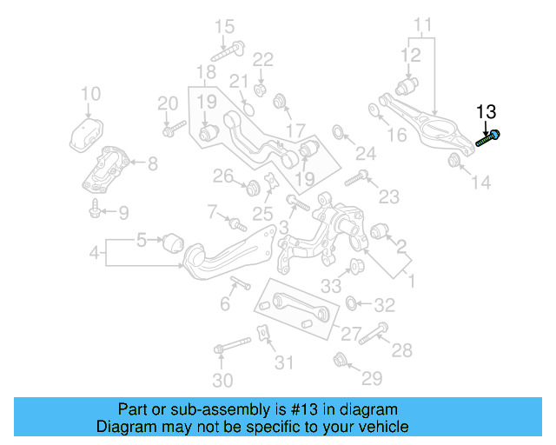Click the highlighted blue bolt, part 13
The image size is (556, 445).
coord(488,138)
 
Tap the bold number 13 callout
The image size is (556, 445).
coord(486,111)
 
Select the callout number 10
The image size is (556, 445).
coord(90,94)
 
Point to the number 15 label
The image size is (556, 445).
coord(224,25)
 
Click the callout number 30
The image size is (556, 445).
coord(222,381)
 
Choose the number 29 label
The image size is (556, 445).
coord(372,378)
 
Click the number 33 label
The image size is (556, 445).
coord(331,285)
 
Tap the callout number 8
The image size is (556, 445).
coord(152,163)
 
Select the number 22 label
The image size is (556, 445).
coord(262,59)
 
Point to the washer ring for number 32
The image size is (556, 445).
coord(351,303)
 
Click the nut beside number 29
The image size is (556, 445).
coord(341,359)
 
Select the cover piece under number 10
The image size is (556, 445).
coord(86,136)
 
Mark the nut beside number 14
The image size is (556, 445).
coord(453,161)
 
